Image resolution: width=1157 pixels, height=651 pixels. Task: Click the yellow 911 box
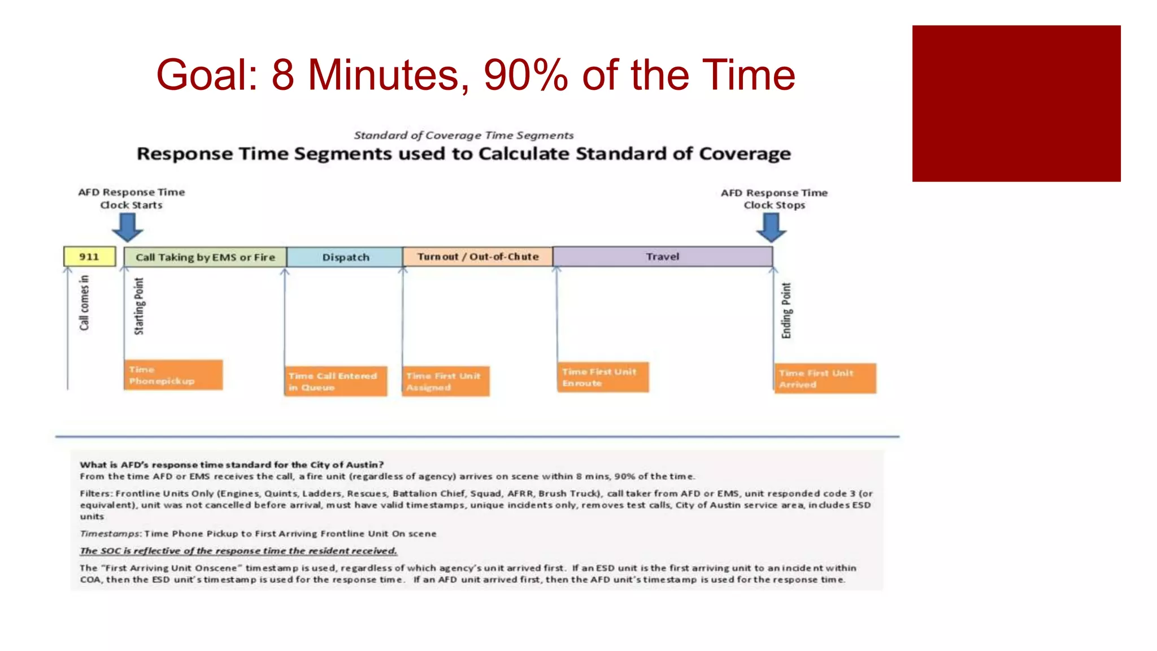tap(89, 257)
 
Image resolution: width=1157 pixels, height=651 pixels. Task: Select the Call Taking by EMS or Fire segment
tap(205, 257)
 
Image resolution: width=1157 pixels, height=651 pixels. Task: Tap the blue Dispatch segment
tap(345, 257)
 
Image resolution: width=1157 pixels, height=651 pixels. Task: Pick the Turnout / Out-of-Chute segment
tap(478, 257)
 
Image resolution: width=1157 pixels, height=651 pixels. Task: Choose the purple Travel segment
tap(663, 257)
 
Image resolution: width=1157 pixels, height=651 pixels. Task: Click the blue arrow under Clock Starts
tap(128, 227)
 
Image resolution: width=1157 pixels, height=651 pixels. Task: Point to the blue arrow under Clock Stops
tap(771, 228)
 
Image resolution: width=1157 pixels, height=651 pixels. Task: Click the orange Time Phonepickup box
tap(173, 375)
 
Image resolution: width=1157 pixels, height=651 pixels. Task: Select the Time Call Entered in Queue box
tap(336, 381)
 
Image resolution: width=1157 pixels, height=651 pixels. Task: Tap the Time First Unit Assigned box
tap(446, 381)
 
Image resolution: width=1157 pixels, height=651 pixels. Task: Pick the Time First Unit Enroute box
tap(603, 377)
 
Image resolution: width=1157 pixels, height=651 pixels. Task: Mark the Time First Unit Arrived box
tap(825, 379)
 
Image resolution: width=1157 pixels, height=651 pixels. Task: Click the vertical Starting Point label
tap(139, 306)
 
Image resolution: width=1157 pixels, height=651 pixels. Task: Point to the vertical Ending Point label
tap(786, 310)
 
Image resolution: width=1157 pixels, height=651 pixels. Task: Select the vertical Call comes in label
tap(84, 302)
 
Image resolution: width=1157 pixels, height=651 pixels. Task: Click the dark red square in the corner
tap(1016, 103)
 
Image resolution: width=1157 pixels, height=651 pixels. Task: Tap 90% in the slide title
tap(525, 75)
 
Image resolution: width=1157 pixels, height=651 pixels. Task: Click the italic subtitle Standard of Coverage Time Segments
tap(463, 135)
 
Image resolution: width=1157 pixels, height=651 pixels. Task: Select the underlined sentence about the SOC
tap(238, 550)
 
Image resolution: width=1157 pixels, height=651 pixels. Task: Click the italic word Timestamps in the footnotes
tap(110, 533)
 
